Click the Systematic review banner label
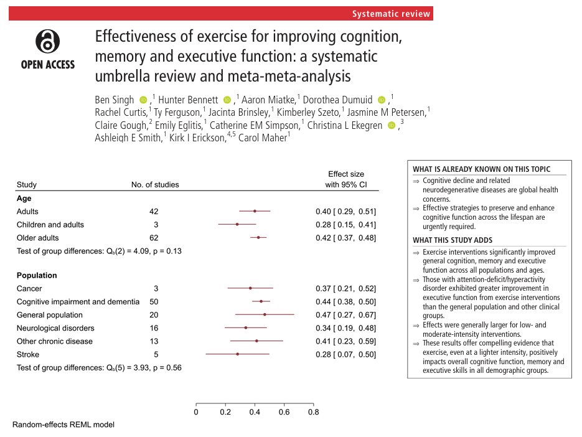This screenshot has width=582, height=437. [x=390, y=14]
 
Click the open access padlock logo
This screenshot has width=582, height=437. [x=47, y=43]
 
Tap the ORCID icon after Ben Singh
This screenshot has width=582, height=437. [x=143, y=100]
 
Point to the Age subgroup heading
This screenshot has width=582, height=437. [x=24, y=198]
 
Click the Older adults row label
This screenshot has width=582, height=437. [x=37, y=238]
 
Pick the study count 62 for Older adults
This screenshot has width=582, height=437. [x=154, y=238]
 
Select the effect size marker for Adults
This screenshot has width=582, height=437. [x=255, y=212]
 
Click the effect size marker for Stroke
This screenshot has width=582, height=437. [x=237, y=354]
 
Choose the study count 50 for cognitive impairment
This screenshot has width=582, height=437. [x=154, y=301]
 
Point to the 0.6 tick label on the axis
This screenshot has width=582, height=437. [x=284, y=411]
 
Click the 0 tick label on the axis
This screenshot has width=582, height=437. [x=196, y=411]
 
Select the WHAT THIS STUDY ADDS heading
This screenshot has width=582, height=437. [x=453, y=240]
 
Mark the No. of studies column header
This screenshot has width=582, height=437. [x=155, y=184]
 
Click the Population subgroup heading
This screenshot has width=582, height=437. [x=37, y=275]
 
